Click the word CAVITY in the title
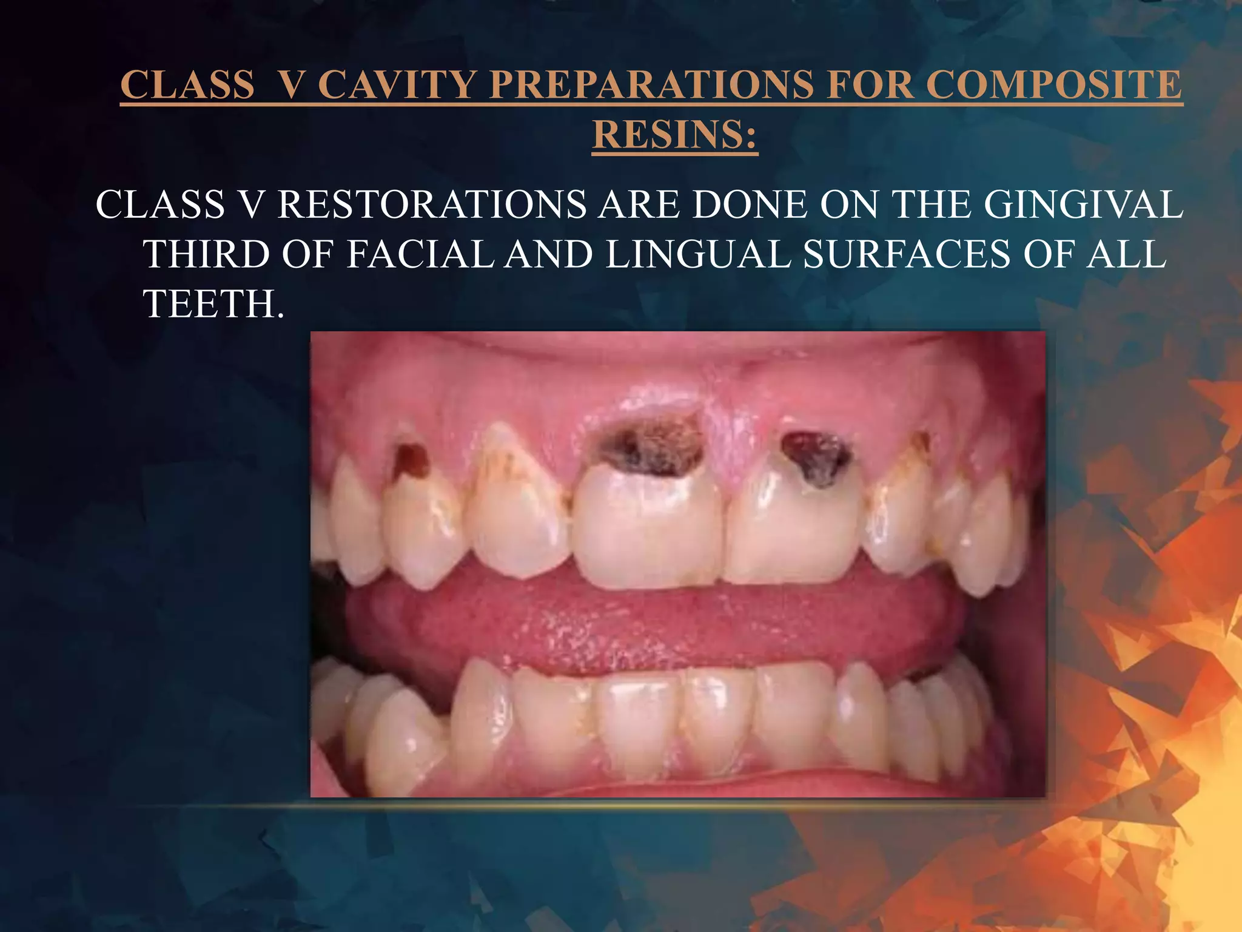pos(397,84)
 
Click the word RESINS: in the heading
pos(674,135)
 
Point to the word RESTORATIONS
pos(432,204)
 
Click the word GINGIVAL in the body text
pos(1083,204)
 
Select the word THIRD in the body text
pos(206,254)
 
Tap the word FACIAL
pos(420,254)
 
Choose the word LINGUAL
pos(699,254)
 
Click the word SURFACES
pos(907,254)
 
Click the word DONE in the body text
pos(750,204)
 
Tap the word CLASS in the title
pos(187,84)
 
